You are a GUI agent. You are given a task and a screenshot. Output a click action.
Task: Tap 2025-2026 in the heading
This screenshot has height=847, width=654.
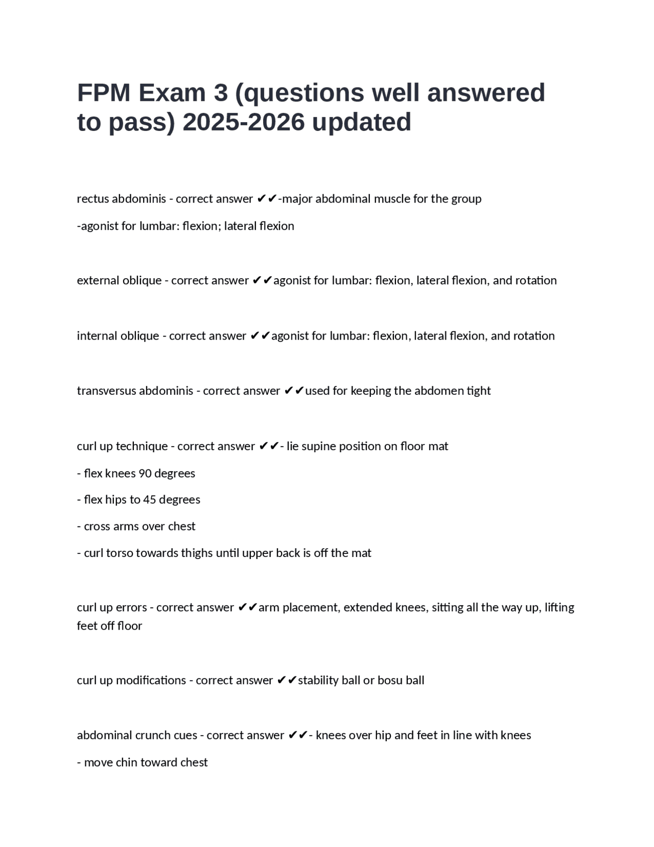[243, 122]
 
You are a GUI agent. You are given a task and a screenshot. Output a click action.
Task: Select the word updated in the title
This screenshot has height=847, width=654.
[361, 122]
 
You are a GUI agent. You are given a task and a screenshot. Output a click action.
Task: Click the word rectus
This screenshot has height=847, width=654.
[92, 199]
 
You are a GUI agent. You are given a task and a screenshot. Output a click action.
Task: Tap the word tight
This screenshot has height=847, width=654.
[478, 391]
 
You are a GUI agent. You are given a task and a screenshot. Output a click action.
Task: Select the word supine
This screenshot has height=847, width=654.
[322, 447]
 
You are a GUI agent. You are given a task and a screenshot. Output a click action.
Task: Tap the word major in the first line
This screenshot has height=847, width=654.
[297, 199]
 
